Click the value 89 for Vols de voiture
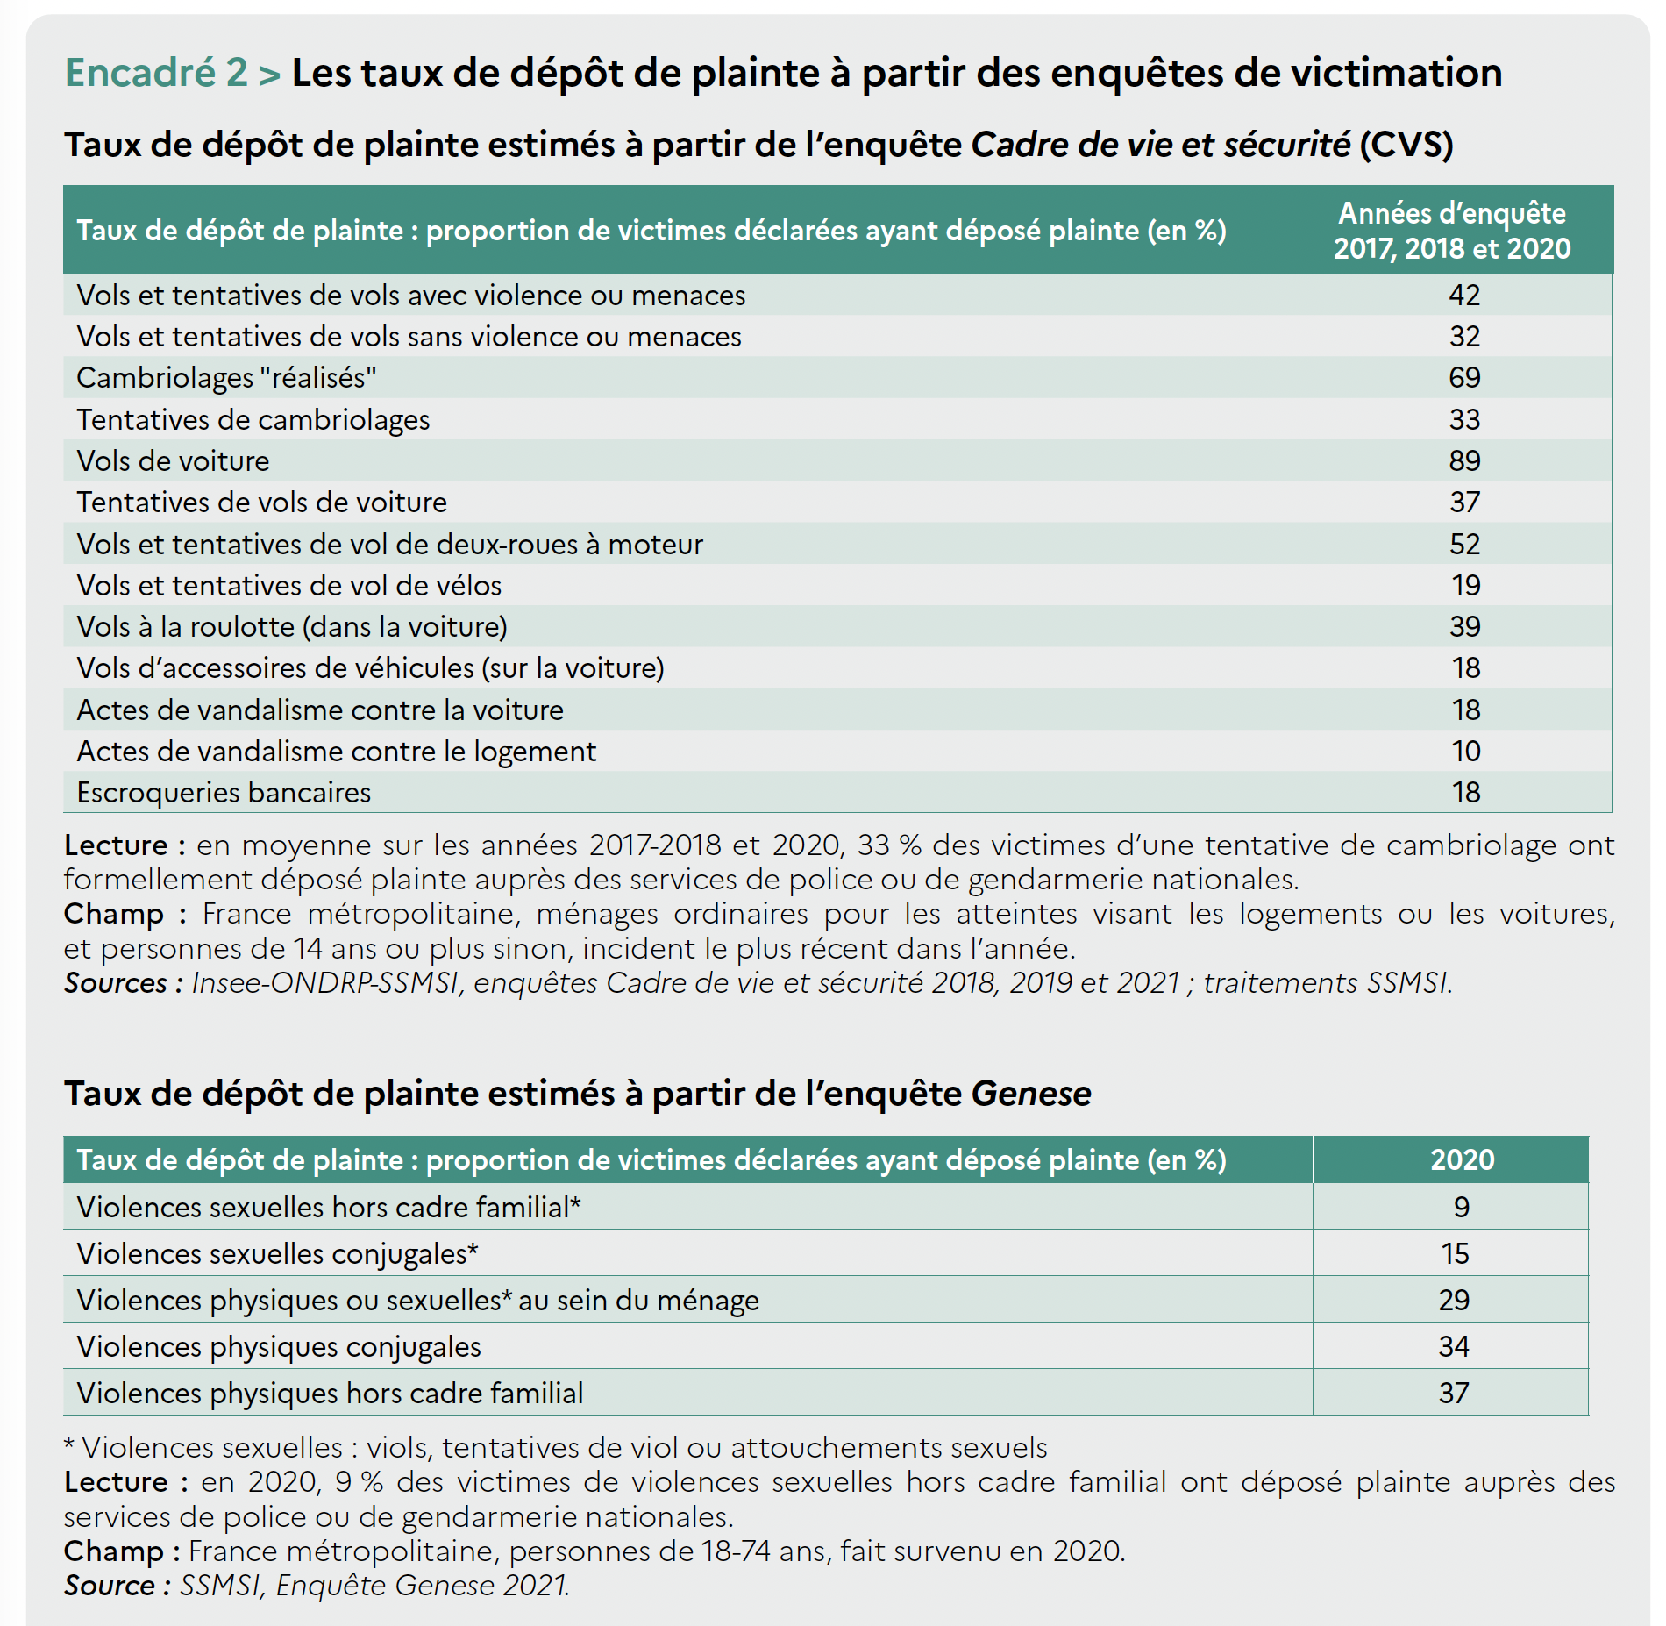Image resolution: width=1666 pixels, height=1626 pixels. point(1464,460)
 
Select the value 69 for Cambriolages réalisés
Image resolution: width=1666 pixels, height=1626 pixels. point(1464,377)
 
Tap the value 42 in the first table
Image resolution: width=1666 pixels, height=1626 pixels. point(1464,295)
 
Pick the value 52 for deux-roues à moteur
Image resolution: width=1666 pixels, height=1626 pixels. point(1464,544)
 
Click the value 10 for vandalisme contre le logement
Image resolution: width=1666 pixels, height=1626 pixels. point(1465,751)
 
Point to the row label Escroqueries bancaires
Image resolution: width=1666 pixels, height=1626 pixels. point(224,793)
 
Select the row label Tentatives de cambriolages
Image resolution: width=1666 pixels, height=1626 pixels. point(253,420)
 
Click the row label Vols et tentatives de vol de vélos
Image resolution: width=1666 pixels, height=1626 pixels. point(289,585)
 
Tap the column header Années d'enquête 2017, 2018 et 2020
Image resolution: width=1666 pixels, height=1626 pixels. point(1452,231)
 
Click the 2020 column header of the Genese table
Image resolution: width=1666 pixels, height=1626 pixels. point(1463,1159)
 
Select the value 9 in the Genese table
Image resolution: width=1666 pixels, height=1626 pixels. point(1461,1207)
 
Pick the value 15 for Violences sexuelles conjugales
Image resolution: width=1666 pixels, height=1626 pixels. point(1455,1253)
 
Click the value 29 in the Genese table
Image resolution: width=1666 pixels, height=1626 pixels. point(1454,1300)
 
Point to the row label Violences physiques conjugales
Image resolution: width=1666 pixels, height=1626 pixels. point(279,1347)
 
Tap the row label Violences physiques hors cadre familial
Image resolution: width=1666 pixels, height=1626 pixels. point(330,1393)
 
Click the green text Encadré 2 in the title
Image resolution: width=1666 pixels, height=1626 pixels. point(156,72)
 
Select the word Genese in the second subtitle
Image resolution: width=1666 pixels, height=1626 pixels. point(1031,1094)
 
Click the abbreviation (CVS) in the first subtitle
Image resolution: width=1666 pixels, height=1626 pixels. point(1406,145)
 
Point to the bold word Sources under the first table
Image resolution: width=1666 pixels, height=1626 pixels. point(116,983)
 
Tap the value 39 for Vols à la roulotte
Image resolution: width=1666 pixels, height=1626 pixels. point(1464,626)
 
